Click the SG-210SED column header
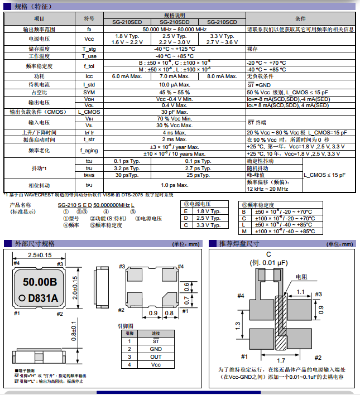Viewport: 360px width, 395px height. [x=127, y=22]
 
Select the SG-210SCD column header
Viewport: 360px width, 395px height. [x=222, y=22]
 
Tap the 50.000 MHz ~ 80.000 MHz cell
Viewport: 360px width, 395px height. [x=174, y=29]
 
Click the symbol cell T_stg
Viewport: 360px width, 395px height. [x=89, y=49]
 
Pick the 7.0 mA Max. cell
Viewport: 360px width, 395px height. [x=175, y=76]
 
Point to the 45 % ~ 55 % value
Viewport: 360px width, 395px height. [x=174, y=91]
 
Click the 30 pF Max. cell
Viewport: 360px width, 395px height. [x=174, y=112]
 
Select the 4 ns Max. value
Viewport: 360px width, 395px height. [x=174, y=132]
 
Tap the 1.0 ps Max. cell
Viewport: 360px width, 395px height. [x=174, y=185]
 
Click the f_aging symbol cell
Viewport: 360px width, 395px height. [x=89, y=150]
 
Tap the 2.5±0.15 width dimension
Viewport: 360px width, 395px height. [x=40, y=255]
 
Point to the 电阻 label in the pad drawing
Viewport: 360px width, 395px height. [x=301, y=277]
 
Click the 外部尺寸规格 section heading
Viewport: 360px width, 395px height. [x=35, y=244]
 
